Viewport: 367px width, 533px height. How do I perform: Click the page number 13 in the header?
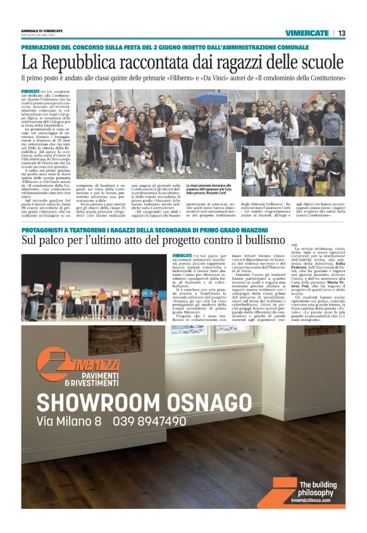click(x=342, y=33)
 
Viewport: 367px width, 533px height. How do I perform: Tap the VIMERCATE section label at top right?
click(x=307, y=33)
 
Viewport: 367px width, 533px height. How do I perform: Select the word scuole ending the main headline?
click(x=321, y=62)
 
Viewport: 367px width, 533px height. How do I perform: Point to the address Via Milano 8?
click(x=69, y=421)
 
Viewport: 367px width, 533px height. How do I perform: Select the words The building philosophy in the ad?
click(x=316, y=488)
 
